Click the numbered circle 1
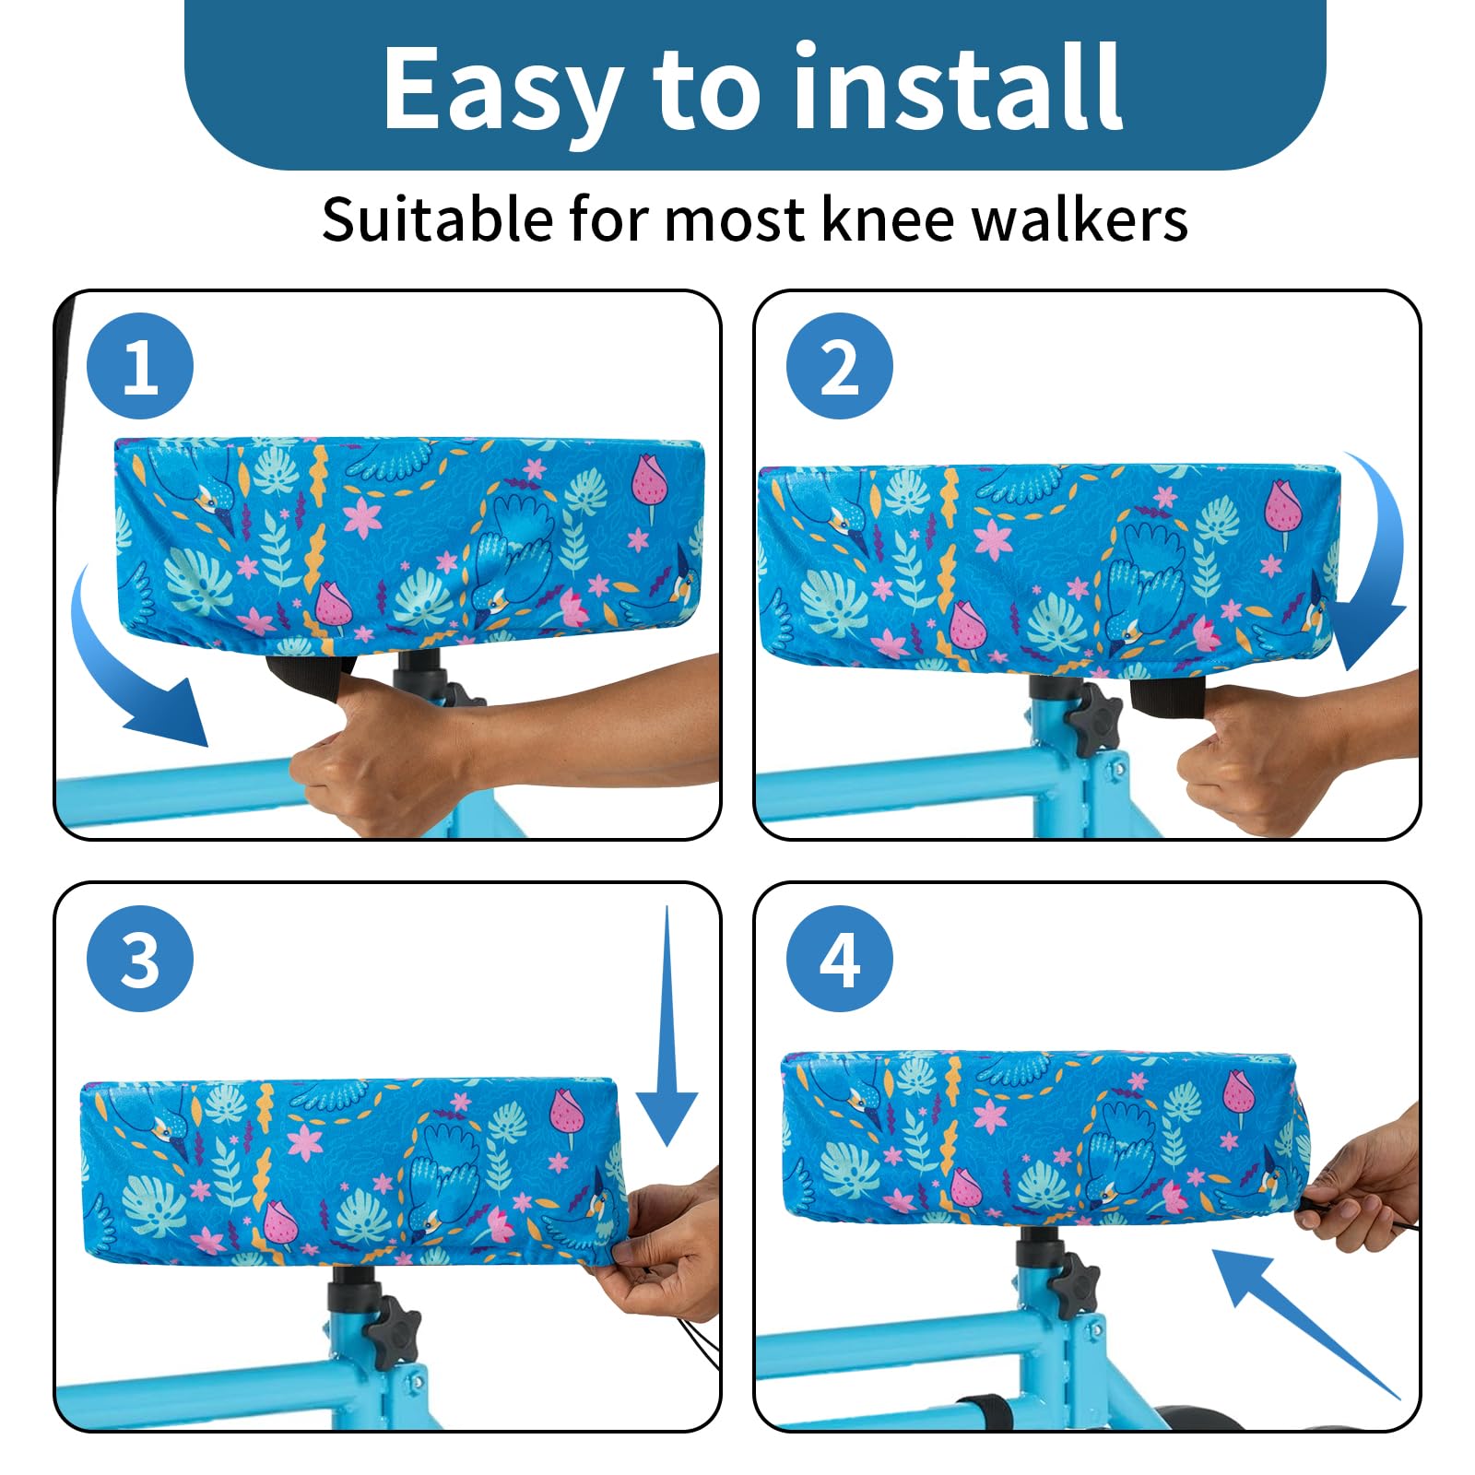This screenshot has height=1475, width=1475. [140, 367]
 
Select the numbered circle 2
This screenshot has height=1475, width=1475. [839, 367]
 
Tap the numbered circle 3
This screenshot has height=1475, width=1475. [140, 959]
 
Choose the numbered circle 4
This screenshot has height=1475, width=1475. [839, 959]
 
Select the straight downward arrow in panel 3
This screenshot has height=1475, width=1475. [667, 1023]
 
